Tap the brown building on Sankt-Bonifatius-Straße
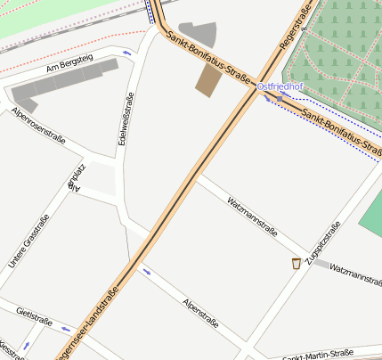click(x=209, y=80)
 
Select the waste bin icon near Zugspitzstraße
click(x=296, y=263)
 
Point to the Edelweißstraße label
click(x=126, y=119)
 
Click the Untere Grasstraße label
click(x=28, y=242)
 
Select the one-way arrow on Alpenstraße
click(x=147, y=271)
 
